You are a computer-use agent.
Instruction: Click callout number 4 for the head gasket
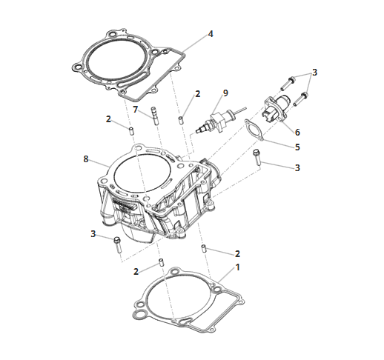point(211,34)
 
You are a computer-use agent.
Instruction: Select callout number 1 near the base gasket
point(238,267)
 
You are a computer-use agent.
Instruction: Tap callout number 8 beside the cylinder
point(86,159)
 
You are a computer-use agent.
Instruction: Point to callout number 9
point(225,93)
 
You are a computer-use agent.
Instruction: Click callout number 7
point(135,109)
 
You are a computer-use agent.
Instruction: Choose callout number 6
point(297,133)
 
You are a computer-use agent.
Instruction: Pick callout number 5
point(297,147)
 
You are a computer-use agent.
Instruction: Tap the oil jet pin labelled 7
point(154,116)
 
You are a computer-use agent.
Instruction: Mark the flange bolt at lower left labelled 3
point(117,244)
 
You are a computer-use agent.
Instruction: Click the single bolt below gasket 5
point(257,158)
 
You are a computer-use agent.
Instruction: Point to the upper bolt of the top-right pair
point(288,83)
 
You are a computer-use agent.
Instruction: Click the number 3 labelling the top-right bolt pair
point(314,73)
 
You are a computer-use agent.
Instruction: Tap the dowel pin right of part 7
point(181,121)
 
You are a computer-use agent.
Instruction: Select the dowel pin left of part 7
point(132,130)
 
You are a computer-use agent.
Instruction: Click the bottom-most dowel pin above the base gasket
point(162,262)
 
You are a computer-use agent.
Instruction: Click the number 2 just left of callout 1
point(136,272)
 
